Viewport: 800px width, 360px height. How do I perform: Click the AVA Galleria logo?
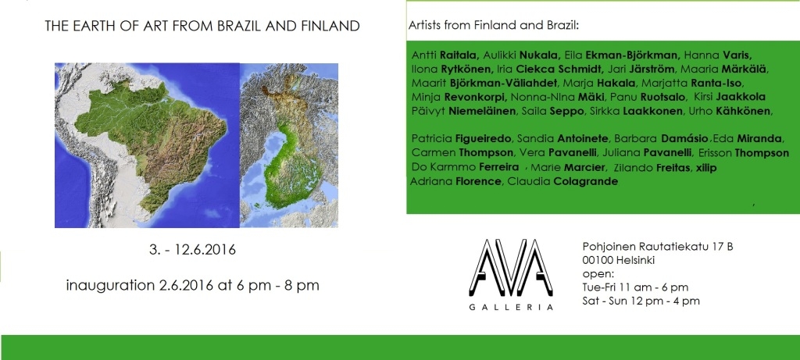pyautogui.click(x=511, y=274)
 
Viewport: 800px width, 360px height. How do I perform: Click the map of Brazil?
pyautogui.click(x=147, y=144)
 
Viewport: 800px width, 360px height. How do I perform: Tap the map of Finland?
pyautogui.click(x=289, y=144)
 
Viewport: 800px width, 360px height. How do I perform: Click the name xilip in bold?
pyautogui.click(x=704, y=168)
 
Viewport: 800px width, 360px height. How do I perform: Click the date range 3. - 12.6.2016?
pyautogui.click(x=192, y=251)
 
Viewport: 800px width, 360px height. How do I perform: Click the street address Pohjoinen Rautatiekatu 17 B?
pyautogui.click(x=658, y=247)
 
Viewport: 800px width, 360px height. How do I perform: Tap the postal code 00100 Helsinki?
pyautogui.click(x=619, y=260)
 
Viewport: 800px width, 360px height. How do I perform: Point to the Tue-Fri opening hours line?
pyautogui.click(x=635, y=287)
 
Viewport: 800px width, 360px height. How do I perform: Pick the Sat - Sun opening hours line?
pyautogui.click(x=641, y=301)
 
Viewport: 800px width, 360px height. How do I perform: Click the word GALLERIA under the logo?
pyautogui.click(x=511, y=307)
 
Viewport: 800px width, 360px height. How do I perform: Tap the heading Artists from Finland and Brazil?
pyautogui.click(x=494, y=26)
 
